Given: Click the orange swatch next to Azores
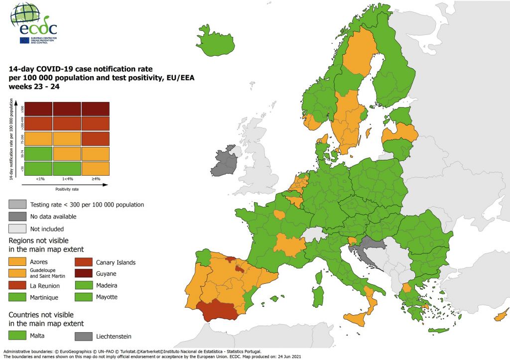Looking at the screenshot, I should pyautogui.click(x=18, y=262).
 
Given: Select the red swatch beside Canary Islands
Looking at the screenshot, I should pyautogui.click(x=84, y=262).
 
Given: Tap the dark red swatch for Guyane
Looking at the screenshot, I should pyautogui.click(x=84, y=274).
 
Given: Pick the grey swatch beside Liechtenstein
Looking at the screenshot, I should pyautogui.click(x=84, y=336).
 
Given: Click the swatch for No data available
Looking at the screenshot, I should pyautogui.click(x=18, y=217).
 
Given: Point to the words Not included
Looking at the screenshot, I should pyautogui.click(x=47, y=229).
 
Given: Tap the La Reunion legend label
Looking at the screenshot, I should pyautogui.click(x=45, y=286).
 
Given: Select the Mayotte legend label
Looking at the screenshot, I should pyautogui.click(x=107, y=297).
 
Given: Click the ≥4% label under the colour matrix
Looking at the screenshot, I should pyautogui.click(x=96, y=179).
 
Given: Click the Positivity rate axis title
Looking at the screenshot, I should pyautogui.click(x=67, y=189).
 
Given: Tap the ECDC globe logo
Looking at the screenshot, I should pyautogui.click(x=25, y=13).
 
